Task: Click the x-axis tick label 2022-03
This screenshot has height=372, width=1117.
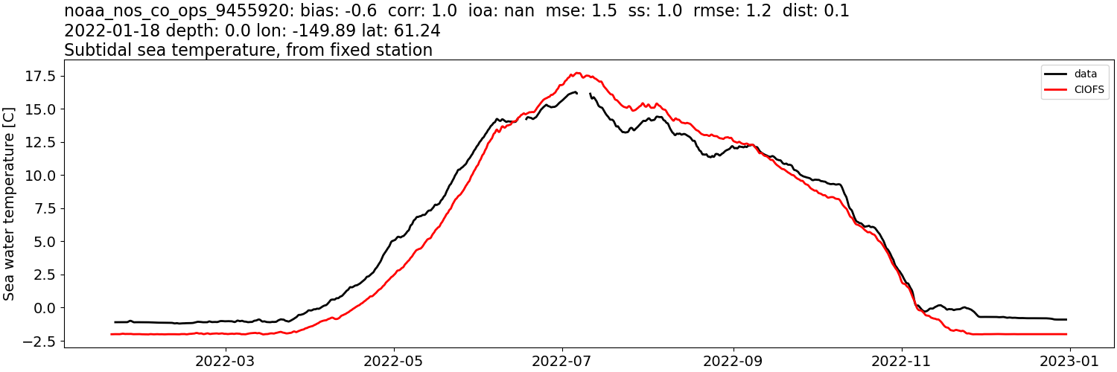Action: (x=225, y=361)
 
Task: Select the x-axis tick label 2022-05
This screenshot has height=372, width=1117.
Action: (x=394, y=361)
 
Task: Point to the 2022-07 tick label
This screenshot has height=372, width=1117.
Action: (x=562, y=361)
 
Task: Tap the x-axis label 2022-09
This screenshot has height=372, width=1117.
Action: (x=733, y=361)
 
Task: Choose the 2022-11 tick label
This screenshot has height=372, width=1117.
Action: (x=902, y=361)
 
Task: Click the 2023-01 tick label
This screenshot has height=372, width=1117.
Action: (x=1070, y=361)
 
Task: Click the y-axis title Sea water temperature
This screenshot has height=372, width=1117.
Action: (x=9, y=203)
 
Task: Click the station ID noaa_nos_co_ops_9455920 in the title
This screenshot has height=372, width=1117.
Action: (x=171, y=11)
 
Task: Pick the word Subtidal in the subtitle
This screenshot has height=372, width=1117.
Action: (x=94, y=51)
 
